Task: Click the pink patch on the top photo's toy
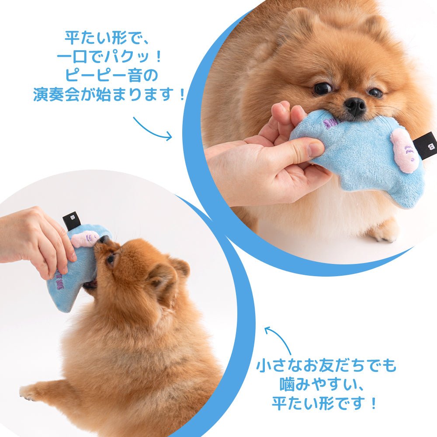tap(405, 150)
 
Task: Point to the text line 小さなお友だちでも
tap(326, 365)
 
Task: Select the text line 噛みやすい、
tap(326, 385)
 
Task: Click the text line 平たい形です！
tap(326, 403)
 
